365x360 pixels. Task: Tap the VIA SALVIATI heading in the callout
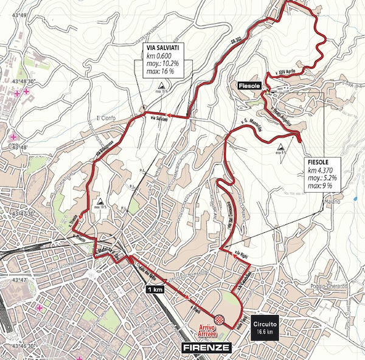pyautogui.click(x=161, y=46)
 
